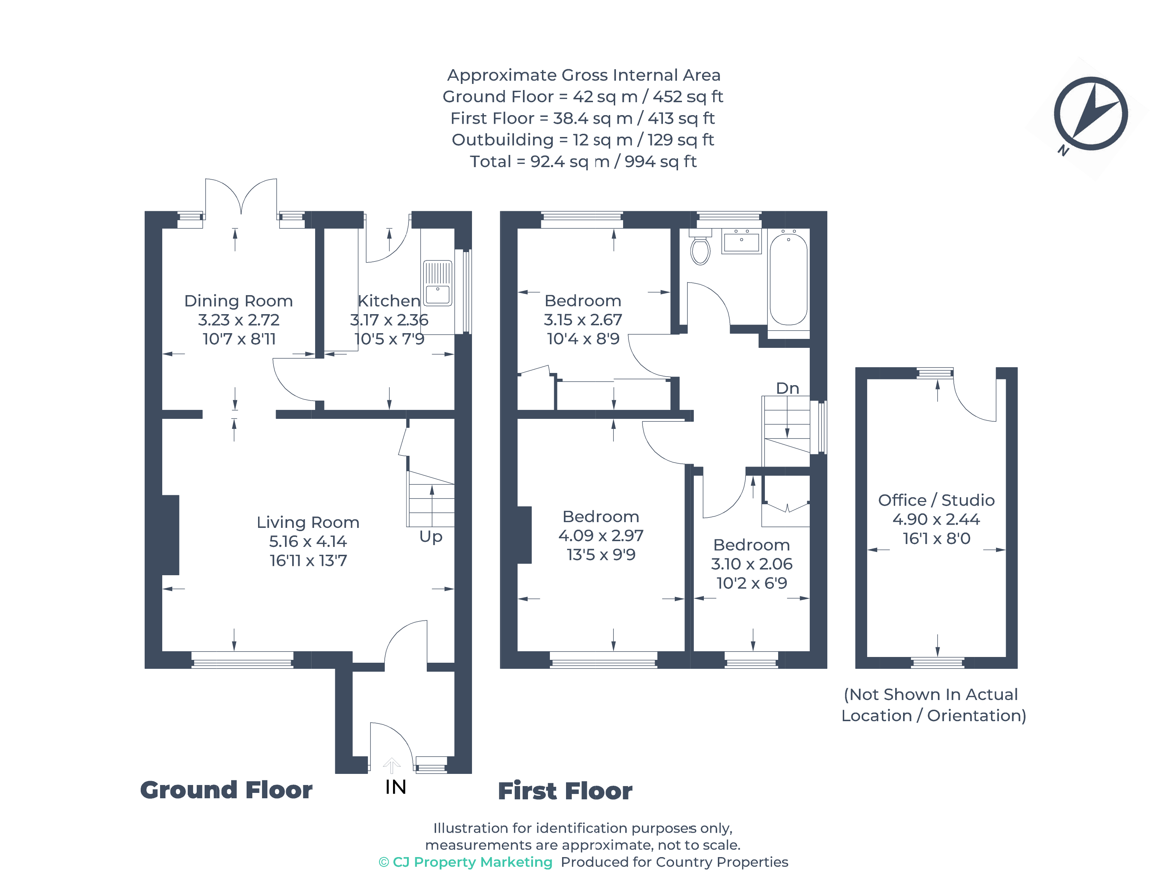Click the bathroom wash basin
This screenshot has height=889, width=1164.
point(742,242)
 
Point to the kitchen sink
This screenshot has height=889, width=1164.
point(438,283)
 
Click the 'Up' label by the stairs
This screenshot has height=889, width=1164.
point(431,536)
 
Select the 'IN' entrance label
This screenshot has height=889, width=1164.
point(396,788)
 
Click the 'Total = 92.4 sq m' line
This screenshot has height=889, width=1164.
point(583,161)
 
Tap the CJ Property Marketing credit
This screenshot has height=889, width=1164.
point(466,862)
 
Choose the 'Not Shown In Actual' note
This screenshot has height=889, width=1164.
point(930,694)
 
